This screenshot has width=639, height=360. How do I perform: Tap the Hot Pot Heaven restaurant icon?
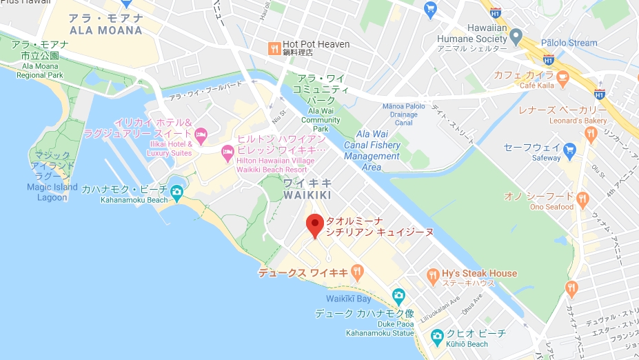[x=274, y=48]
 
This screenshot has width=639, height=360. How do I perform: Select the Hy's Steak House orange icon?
[x=433, y=274]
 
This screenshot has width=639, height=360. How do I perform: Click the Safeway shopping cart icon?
[x=569, y=149]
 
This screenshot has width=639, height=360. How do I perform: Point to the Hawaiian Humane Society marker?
[x=516, y=34]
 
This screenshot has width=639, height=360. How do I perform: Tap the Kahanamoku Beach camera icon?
[x=177, y=192]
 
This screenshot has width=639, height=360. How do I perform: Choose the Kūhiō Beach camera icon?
[x=436, y=336]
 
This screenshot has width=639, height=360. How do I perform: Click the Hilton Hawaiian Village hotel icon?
[x=227, y=151]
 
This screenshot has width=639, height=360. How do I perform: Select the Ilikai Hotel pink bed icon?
[x=201, y=134]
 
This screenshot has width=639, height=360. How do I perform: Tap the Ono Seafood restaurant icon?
[x=582, y=199]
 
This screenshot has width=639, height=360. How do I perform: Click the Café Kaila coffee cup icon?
[x=562, y=76]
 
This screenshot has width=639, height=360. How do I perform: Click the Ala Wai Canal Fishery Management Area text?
[x=372, y=151]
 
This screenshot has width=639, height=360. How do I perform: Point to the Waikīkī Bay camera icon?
[x=398, y=297]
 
